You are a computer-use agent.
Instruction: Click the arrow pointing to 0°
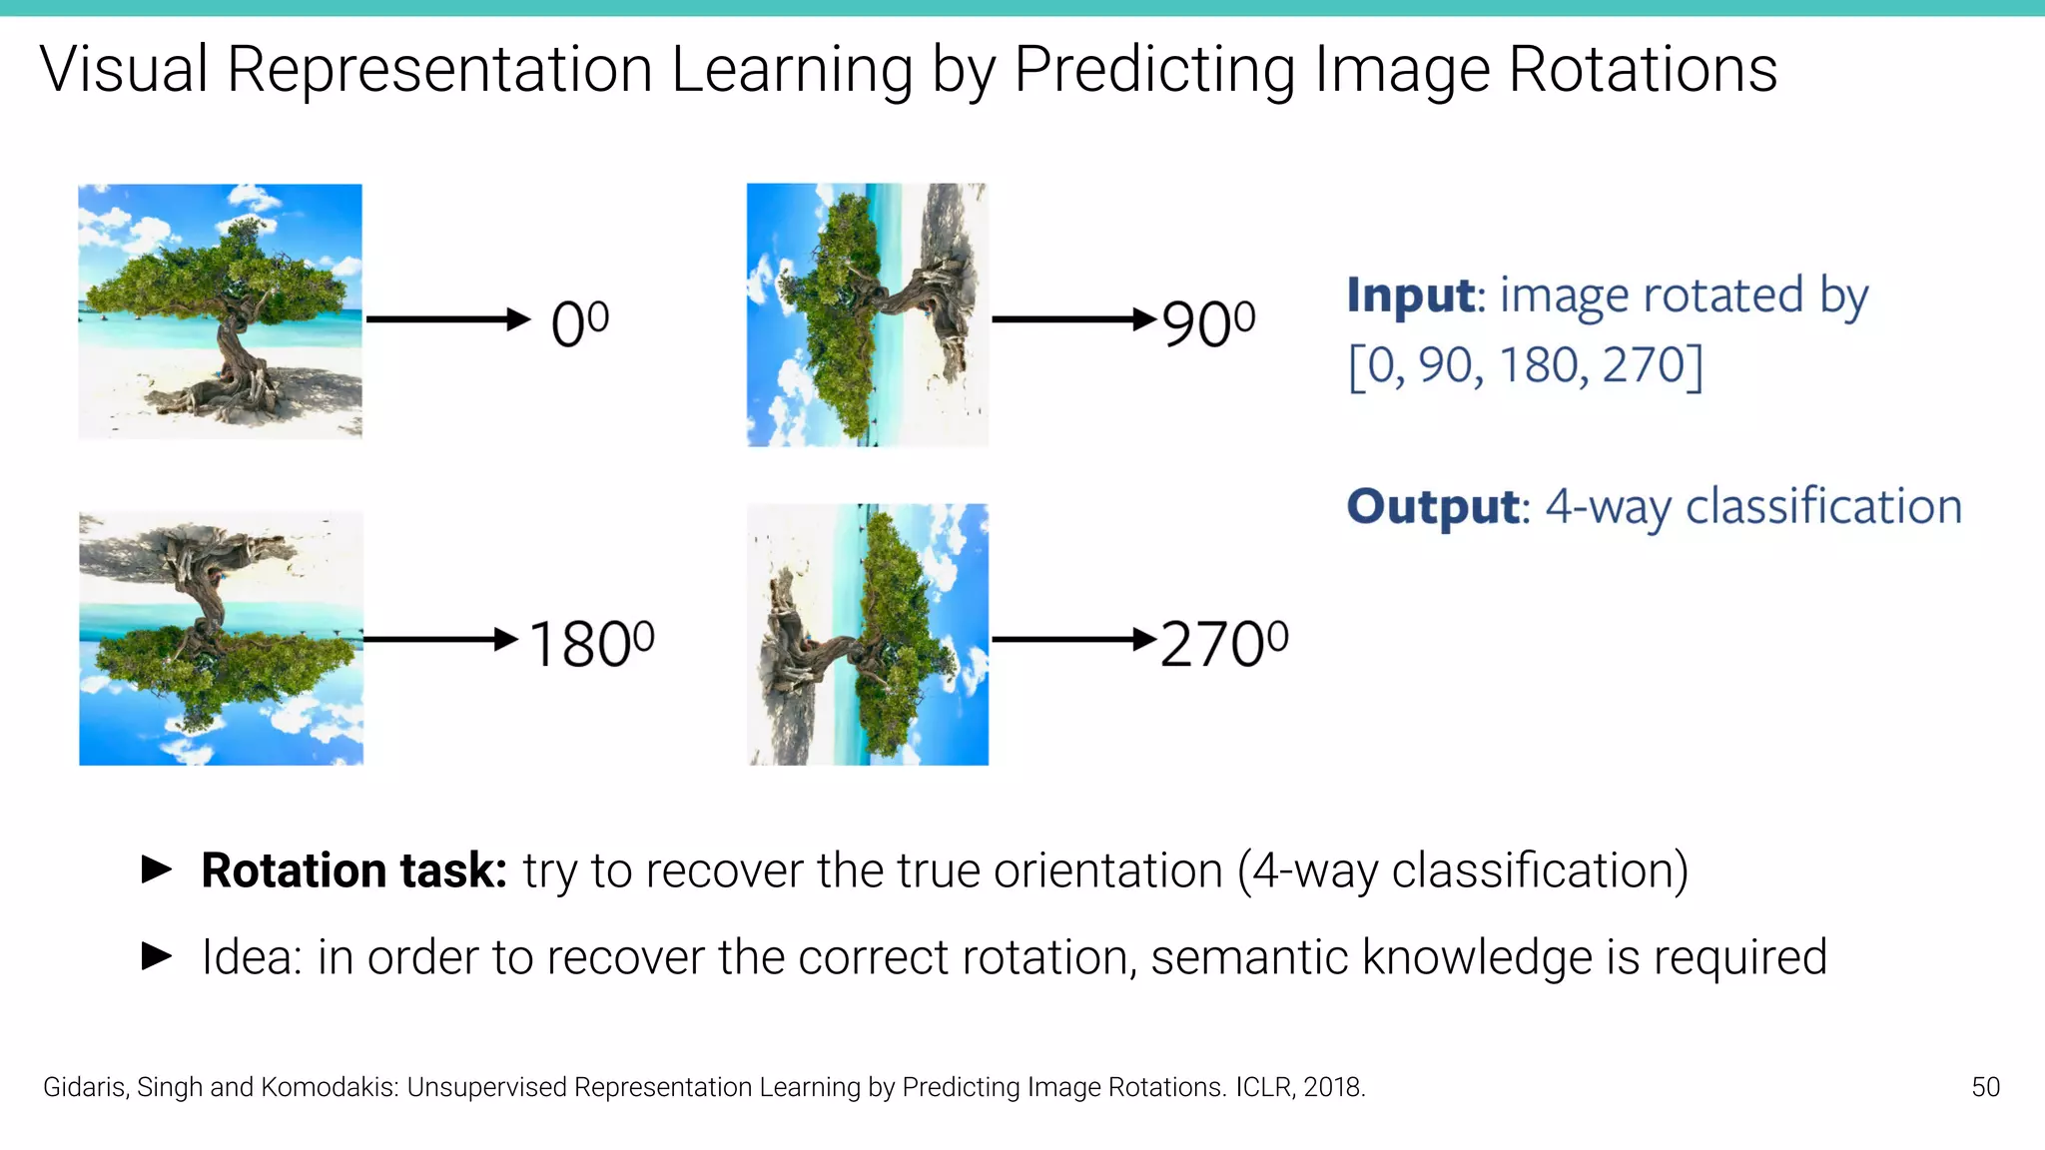click(x=448, y=319)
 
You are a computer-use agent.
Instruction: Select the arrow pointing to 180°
click(x=440, y=639)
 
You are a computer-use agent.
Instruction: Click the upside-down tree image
click(x=221, y=638)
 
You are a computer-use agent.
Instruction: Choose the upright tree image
click(x=220, y=310)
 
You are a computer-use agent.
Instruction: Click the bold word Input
click(x=1411, y=295)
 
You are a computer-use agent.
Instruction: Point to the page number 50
click(x=1985, y=1087)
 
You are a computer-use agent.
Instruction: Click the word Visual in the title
click(x=124, y=70)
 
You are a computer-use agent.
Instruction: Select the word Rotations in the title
click(x=1643, y=70)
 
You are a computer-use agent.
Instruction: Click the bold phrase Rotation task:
click(x=354, y=870)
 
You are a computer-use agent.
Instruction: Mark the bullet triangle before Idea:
click(x=157, y=956)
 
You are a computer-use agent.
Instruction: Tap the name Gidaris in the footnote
click(x=85, y=1087)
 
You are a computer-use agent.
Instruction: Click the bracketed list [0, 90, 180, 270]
click(x=1525, y=365)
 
